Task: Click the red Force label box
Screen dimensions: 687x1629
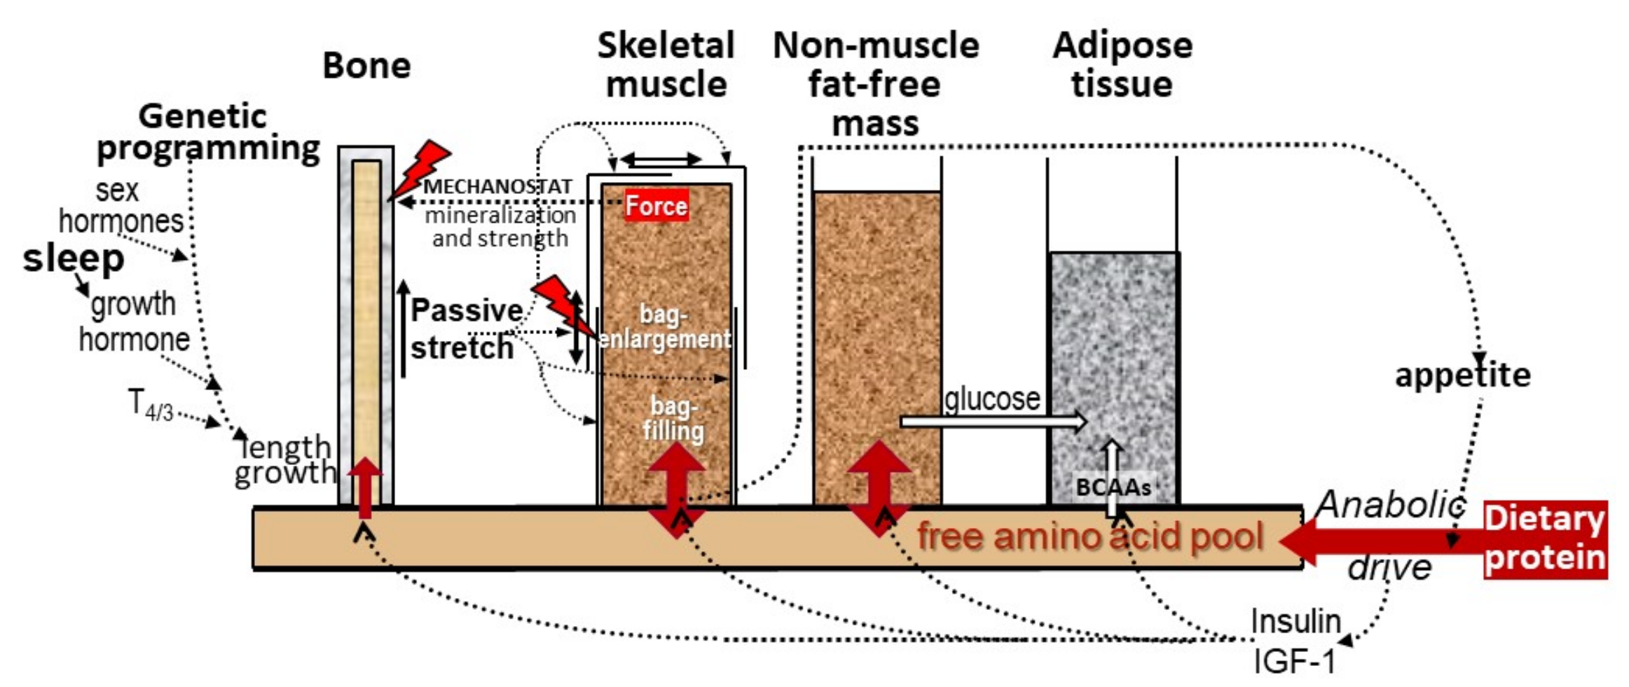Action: (x=656, y=205)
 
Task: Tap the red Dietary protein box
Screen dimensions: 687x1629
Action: (x=1544, y=539)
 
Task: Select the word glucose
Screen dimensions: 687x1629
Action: (x=991, y=399)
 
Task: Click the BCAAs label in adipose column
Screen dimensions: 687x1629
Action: (x=1113, y=487)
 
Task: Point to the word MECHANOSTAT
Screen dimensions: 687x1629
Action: (x=497, y=186)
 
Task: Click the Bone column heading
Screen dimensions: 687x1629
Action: (x=366, y=66)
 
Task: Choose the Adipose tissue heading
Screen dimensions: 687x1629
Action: (x=1122, y=64)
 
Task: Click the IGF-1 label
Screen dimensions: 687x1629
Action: (x=1293, y=660)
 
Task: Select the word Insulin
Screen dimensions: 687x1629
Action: (x=1295, y=621)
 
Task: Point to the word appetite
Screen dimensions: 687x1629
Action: (x=1462, y=375)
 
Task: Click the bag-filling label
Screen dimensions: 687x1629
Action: (x=673, y=418)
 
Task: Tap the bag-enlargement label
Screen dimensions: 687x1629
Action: (x=664, y=326)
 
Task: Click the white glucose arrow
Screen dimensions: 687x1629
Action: (x=992, y=421)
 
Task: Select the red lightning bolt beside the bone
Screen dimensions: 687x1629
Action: (x=420, y=168)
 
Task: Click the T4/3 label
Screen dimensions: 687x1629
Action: (x=151, y=404)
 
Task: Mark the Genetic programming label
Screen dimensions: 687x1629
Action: (x=207, y=132)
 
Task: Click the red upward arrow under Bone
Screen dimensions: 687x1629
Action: (x=364, y=487)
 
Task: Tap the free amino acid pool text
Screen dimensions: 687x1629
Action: (x=1090, y=537)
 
